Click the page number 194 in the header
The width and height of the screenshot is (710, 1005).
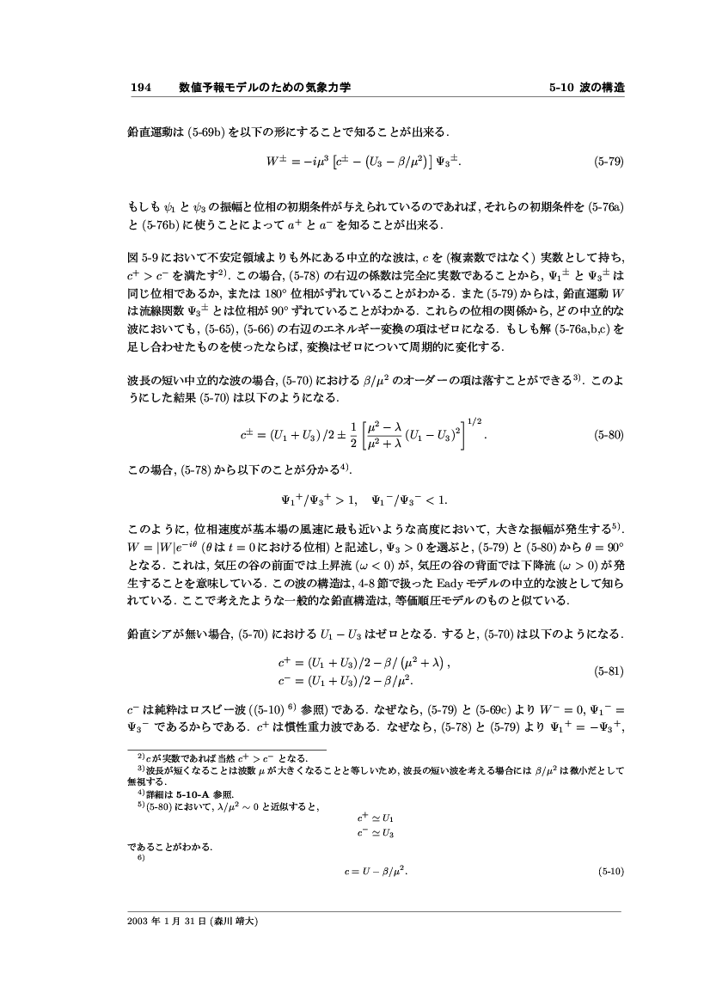coord(140,88)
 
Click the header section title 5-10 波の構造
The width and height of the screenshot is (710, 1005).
coord(586,88)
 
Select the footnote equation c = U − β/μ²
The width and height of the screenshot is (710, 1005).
coord(374,871)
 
